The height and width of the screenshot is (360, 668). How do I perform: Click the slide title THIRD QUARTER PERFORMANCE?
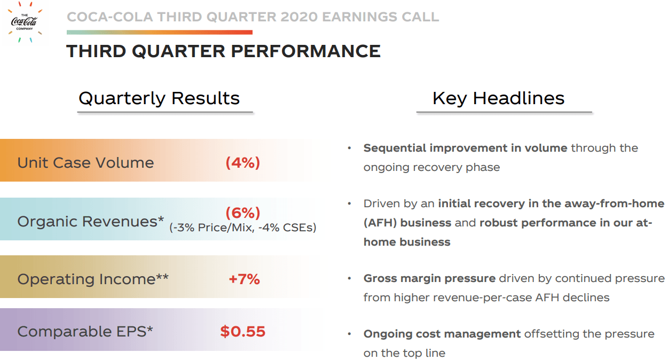tap(223, 51)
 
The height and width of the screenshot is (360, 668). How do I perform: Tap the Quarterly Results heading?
tap(159, 98)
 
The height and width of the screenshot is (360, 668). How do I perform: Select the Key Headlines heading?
tap(498, 98)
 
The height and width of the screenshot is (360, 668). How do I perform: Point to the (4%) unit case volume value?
tap(243, 162)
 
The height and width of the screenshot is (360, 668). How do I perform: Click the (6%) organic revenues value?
tap(243, 213)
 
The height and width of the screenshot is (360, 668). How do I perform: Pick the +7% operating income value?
tap(244, 279)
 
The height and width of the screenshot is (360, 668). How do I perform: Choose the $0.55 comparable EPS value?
tap(243, 331)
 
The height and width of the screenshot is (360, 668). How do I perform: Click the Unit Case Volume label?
tap(85, 162)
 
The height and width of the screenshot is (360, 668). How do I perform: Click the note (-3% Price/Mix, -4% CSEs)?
tap(243, 228)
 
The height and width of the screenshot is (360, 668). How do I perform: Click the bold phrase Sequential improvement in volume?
tap(465, 148)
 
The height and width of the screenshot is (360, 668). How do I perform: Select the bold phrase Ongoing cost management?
tap(442, 334)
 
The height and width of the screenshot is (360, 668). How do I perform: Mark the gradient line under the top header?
tap(160, 33)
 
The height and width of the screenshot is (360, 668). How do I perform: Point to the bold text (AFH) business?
tap(407, 223)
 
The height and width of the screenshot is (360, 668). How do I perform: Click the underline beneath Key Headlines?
tap(504, 113)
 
